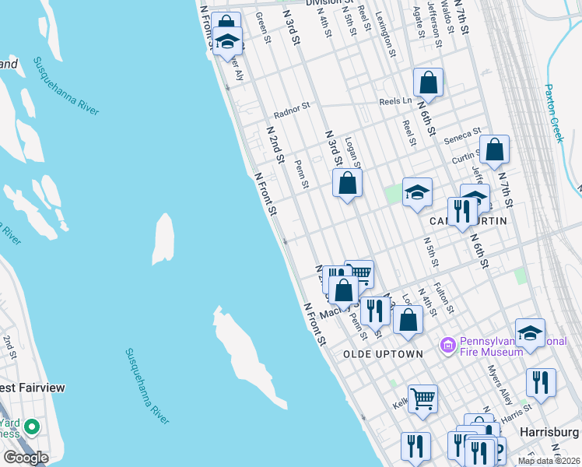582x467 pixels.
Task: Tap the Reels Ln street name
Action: [x=394, y=101]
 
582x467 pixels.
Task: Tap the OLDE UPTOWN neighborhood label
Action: [x=383, y=354]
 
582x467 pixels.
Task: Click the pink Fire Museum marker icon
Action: [x=447, y=344]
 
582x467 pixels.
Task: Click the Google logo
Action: [x=26, y=458]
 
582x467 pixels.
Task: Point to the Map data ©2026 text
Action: [x=549, y=461]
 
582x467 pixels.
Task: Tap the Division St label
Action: [x=328, y=3]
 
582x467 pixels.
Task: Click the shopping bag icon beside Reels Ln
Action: [x=428, y=82]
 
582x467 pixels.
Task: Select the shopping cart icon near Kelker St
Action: [x=422, y=399]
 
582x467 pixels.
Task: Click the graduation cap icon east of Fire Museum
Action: [x=530, y=332]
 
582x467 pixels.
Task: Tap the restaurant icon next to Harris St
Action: [x=541, y=382]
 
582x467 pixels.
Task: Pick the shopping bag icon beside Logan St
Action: [x=348, y=184]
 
